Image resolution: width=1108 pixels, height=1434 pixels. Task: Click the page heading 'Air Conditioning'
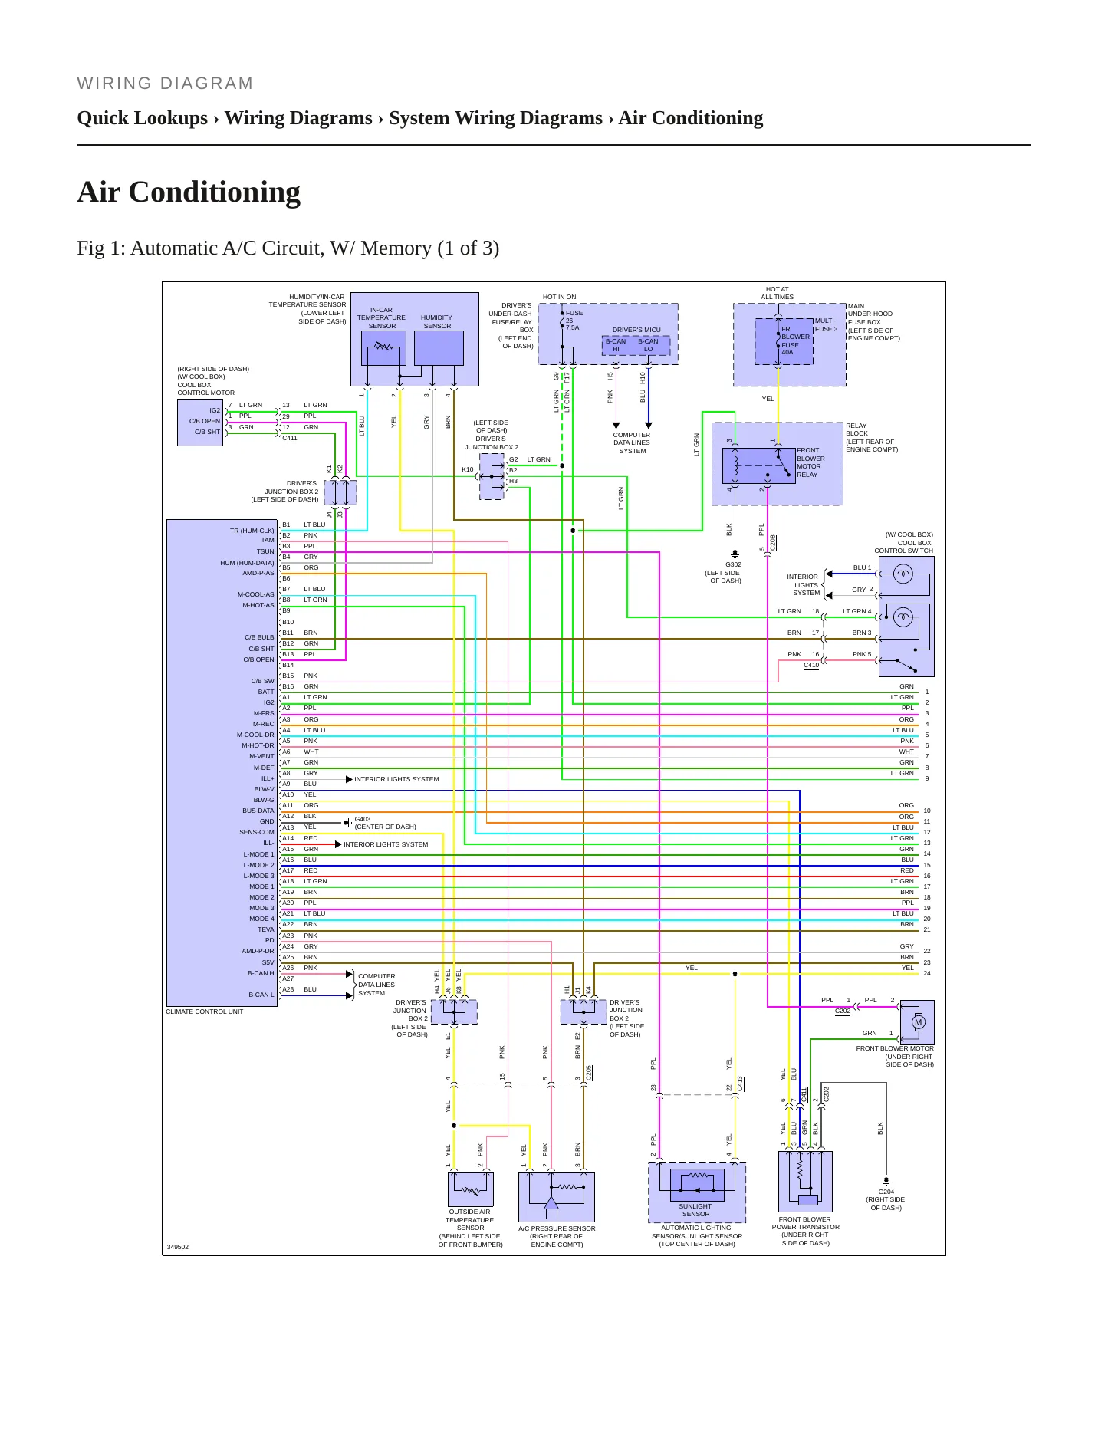click(189, 192)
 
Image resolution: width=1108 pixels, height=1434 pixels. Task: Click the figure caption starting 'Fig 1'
click(288, 248)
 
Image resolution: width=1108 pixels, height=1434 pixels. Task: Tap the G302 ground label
click(733, 564)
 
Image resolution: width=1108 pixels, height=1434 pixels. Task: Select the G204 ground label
click(886, 1192)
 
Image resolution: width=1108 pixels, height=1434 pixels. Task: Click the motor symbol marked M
click(918, 1021)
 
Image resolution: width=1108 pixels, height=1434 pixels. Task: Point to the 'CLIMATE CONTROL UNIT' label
click(205, 1011)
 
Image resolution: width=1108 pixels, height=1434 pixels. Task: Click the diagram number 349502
click(177, 1247)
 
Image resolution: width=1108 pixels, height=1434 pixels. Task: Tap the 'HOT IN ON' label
click(559, 297)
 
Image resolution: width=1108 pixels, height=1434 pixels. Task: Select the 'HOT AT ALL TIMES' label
click(778, 293)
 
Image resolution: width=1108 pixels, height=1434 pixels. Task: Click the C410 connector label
click(811, 666)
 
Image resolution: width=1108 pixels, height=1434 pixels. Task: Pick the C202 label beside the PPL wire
click(843, 1011)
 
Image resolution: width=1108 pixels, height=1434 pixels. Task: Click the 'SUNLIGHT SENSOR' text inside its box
click(695, 1210)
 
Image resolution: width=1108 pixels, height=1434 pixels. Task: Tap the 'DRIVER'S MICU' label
click(636, 330)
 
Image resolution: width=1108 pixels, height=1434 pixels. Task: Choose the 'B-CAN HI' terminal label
click(616, 345)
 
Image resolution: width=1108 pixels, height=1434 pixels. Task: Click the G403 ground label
click(362, 819)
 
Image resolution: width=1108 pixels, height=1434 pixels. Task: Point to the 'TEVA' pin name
click(265, 929)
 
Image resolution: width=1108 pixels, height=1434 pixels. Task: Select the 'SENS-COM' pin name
click(256, 832)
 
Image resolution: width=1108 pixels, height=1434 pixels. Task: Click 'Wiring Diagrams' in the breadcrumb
click(298, 118)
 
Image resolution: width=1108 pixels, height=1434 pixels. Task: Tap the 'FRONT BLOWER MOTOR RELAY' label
click(810, 462)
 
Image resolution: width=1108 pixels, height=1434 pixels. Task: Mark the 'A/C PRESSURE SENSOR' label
click(557, 1228)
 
